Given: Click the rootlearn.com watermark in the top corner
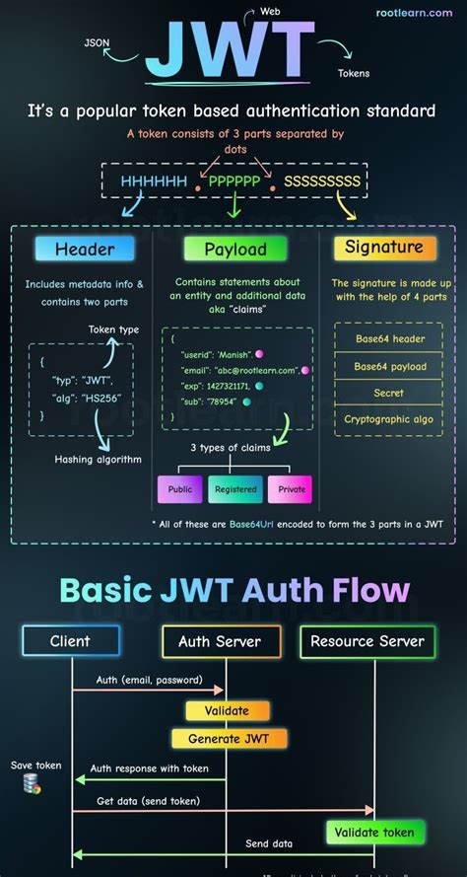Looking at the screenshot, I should tap(418, 13).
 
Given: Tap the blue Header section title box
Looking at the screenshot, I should tap(85, 250).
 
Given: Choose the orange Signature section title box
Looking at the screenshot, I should tap(384, 248).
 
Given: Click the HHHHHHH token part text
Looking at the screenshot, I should tap(154, 182).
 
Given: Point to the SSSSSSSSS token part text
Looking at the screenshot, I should tap(321, 182).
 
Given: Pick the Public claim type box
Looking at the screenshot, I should tap(179, 488).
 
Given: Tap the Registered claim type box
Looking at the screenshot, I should tap(235, 488).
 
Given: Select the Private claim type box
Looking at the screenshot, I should tap(291, 488).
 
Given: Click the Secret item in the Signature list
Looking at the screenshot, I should tap(387, 393).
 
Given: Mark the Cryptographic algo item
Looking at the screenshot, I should tap(387, 419).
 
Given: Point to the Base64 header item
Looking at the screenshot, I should tap(387, 339).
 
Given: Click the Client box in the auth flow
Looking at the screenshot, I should tap(70, 641).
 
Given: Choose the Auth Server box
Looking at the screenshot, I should tap(220, 641).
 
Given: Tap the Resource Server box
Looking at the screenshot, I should tap(367, 641).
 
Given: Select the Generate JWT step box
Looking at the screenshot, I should tap(229, 738).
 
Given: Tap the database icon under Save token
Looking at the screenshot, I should tap(33, 785).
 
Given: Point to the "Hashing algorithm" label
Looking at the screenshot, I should tap(99, 459).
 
